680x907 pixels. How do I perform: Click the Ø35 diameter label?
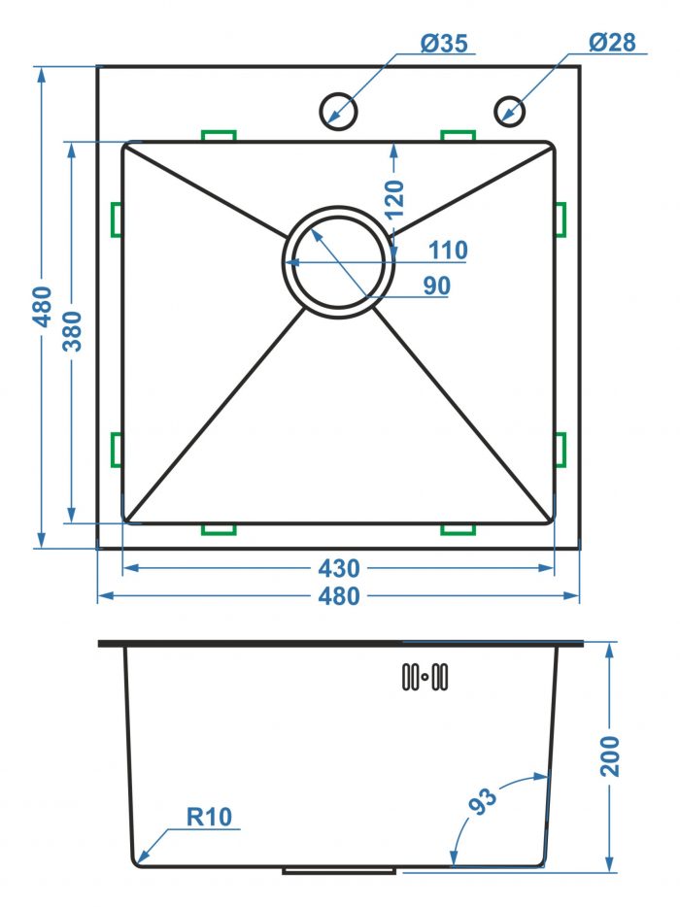(444, 44)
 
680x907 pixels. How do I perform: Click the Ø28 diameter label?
(612, 42)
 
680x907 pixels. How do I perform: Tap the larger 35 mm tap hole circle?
(339, 111)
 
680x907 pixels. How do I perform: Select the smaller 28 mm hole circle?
(510, 111)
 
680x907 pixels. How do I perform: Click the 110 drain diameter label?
(448, 251)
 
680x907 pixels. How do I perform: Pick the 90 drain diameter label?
(436, 286)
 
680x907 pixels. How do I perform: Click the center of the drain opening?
(339, 262)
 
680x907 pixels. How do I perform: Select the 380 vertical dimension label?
(73, 331)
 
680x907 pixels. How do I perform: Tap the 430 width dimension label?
(339, 569)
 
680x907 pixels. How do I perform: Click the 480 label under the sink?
(339, 596)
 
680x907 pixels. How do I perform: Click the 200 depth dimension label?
(610, 756)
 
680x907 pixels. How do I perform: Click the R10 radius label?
(209, 817)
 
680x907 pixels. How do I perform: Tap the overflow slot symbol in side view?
(425, 676)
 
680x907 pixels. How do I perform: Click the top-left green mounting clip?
(219, 135)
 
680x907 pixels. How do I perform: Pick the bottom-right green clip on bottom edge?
(458, 528)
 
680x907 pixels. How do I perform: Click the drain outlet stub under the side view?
(339, 870)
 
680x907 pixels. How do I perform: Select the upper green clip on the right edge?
(561, 219)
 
